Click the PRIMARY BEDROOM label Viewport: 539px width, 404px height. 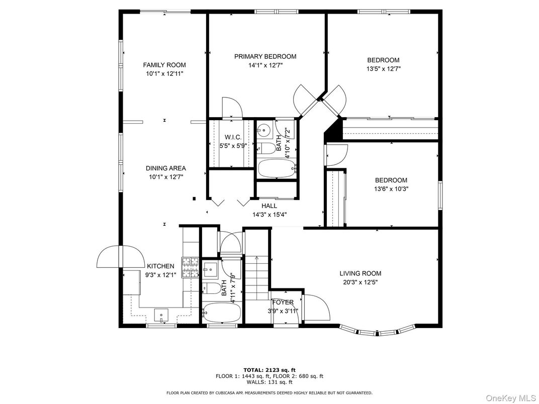[265, 57]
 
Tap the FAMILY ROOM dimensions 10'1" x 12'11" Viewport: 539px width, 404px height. [164, 74]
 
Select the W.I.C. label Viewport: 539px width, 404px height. [233, 137]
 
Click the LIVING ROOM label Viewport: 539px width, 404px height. [360, 273]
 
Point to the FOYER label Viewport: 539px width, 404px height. [283, 302]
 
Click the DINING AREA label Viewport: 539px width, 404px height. [165, 168]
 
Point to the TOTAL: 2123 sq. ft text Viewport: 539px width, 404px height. [269, 369]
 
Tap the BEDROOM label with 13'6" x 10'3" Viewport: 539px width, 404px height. [391, 180]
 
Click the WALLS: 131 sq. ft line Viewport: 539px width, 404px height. [269, 382]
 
